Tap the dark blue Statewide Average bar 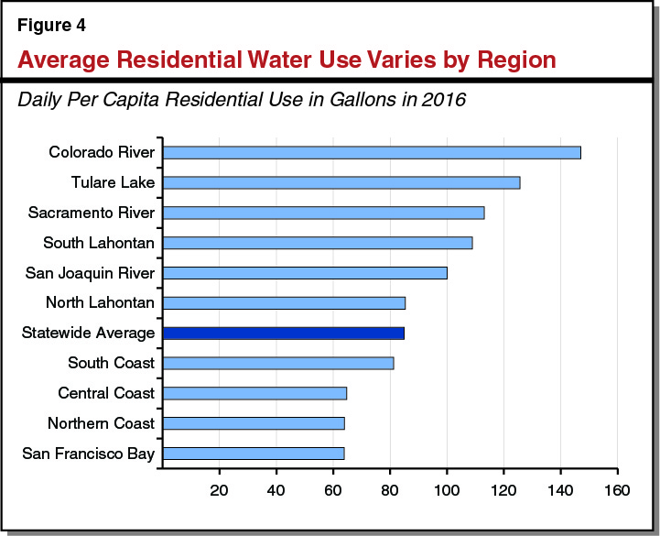click(x=284, y=333)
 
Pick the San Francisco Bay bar click(x=254, y=454)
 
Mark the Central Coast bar click(x=254, y=393)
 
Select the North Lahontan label click(x=100, y=302)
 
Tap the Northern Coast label click(x=101, y=423)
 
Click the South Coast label click(x=111, y=363)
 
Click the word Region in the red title click(x=509, y=60)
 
